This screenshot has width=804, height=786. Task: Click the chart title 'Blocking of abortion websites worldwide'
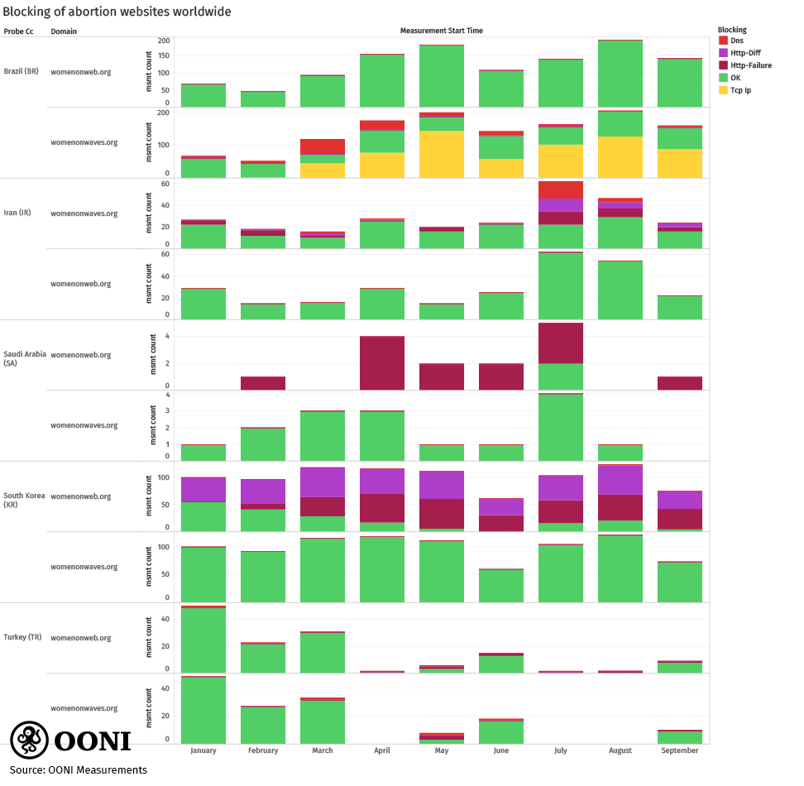click(117, 12)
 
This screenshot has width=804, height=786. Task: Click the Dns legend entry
click(730, 41)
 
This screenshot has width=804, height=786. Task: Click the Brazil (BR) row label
click(22, 71)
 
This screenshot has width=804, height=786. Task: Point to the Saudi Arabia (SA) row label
click(24, 358)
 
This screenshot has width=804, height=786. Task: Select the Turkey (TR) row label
click(22, 637)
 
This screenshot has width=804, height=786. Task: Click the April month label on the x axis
click(382, 750)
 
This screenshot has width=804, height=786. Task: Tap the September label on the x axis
click(680, 750)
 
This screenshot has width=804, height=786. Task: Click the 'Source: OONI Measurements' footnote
click(78, 770)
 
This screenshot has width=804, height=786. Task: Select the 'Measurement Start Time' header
click(441, 31)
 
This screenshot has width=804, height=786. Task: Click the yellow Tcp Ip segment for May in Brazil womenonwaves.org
click(442, 154)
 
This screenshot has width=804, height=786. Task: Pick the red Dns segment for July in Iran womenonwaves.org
click(561, 189)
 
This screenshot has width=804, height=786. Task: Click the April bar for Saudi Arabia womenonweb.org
click(382, 363)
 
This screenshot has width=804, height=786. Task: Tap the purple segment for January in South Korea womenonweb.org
click(203, 490)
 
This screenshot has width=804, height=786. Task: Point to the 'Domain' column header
click(64, 31)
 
